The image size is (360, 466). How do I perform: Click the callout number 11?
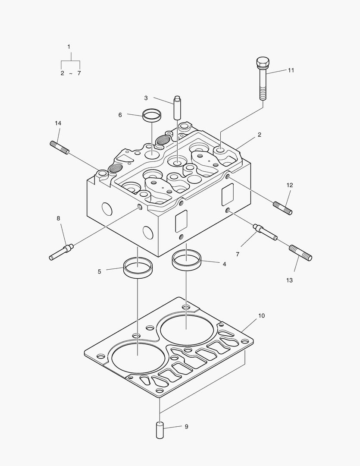[x=291, y=70]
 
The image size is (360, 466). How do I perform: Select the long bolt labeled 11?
[x=263, y=82]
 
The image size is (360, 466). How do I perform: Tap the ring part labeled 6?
[x=152, y=115]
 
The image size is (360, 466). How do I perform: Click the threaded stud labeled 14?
[x=60, y=147]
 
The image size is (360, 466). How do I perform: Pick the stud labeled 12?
[x=283, y=208]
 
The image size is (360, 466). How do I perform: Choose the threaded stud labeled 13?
[x=301, y=252]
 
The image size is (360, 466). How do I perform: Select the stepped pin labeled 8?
[x=62, y=252]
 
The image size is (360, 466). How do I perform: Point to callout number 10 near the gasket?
[x=261, y=316]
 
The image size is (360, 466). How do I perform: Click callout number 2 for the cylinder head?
[x=260, y=135]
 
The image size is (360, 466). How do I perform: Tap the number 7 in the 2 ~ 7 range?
[x=79, y=73]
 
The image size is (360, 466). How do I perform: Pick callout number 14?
[x=58, y=123]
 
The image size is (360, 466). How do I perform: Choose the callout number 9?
[x=186, y=427]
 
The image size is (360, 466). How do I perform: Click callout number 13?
[x=289, y=280]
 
